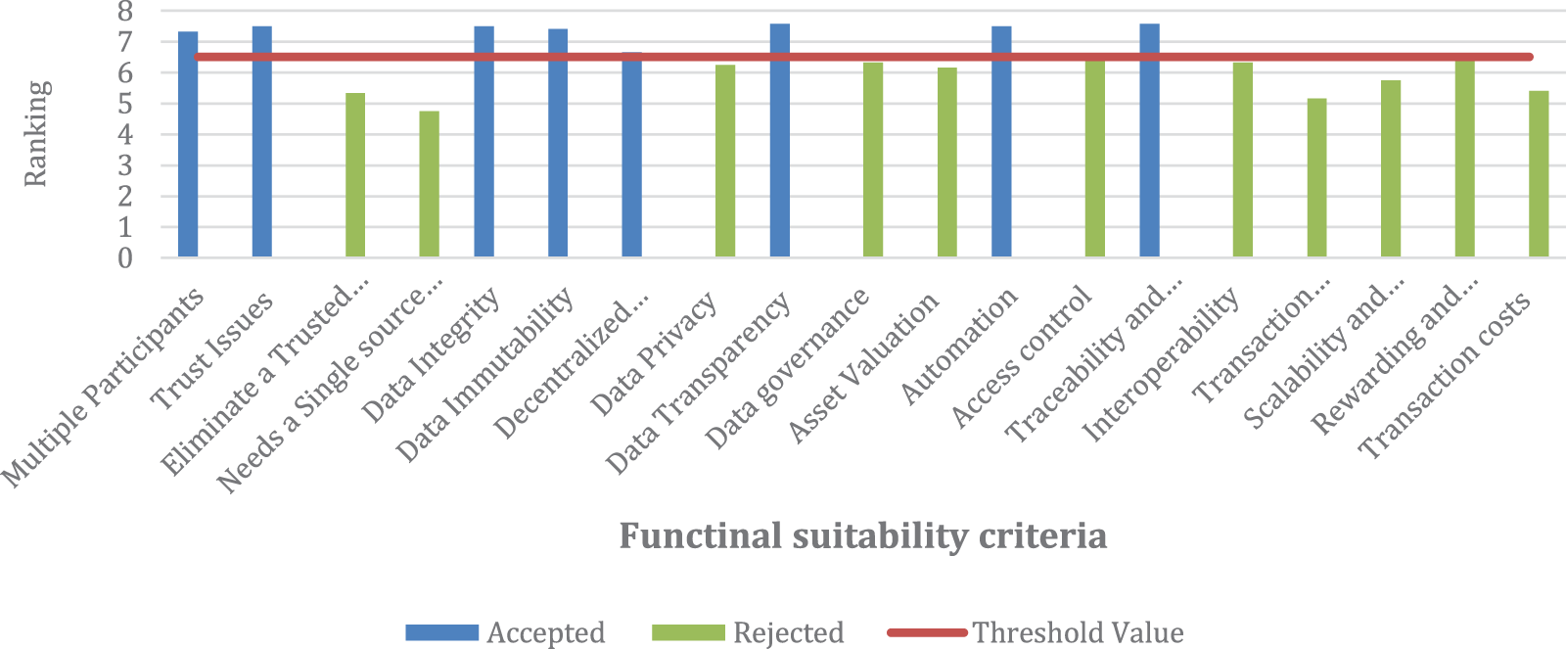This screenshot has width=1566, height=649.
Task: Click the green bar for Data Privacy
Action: (725, 162)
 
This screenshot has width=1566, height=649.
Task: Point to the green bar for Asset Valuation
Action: (946, 162)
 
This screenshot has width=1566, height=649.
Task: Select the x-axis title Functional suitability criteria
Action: (862, 536)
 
